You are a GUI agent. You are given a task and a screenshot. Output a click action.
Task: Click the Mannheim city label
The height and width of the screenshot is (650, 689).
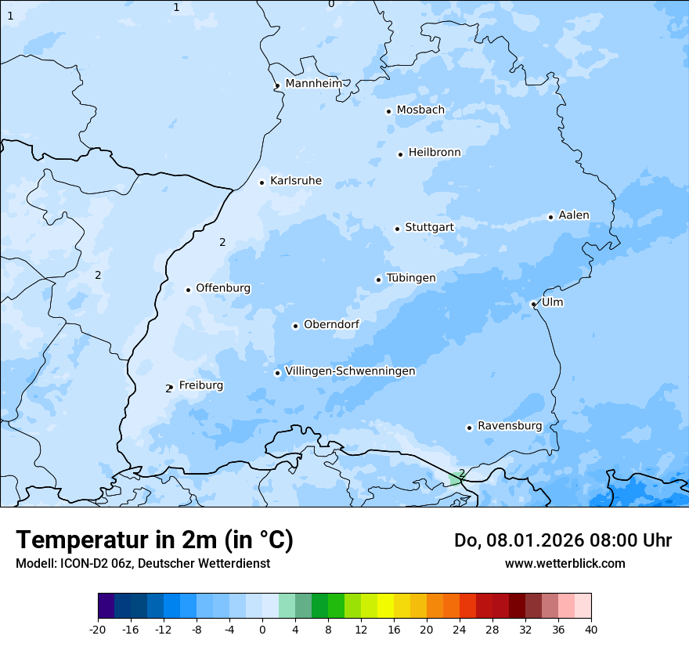click(313, 83)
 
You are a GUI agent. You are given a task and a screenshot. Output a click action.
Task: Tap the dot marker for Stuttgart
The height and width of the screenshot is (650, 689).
click(398, 229)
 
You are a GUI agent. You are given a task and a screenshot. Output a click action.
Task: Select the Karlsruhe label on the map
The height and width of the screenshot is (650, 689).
click(295, 181)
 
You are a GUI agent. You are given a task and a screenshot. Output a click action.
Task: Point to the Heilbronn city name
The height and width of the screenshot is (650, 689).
click(435, 153)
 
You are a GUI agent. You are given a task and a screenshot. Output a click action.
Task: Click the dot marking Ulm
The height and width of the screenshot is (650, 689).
click(533, 304)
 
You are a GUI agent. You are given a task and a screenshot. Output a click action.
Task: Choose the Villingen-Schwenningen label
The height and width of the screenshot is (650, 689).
click(350, 371)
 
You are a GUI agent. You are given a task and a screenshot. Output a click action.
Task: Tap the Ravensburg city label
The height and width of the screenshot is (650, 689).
click(510, 426)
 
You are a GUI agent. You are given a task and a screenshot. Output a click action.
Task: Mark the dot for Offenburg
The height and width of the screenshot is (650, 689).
click(189, 290)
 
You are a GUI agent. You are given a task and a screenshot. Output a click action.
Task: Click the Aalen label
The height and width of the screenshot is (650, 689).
click(574, 215)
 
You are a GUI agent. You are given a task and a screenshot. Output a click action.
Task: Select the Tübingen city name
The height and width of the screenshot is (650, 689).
click(411, 278)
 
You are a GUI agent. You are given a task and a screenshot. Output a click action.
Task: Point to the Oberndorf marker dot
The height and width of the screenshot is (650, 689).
click(296, 326)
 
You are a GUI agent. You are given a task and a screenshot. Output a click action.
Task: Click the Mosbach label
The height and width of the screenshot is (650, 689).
click(420, 110)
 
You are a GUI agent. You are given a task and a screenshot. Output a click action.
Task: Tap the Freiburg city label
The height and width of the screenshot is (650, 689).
click(200, 385)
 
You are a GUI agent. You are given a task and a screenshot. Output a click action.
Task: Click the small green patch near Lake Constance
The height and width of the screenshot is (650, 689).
click(455, 479)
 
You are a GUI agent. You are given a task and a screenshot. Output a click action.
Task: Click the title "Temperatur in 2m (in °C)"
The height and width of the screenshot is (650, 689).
click(154, 540)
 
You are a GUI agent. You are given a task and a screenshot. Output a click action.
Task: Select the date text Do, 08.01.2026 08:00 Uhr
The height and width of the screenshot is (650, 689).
click(562, 540)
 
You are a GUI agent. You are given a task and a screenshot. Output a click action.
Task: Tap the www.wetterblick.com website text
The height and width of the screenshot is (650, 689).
click(565, 563)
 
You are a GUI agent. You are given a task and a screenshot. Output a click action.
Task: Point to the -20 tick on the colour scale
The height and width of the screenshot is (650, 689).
click(98, 630)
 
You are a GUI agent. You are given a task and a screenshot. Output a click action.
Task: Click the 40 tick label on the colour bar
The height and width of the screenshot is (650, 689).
click(590, 630)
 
